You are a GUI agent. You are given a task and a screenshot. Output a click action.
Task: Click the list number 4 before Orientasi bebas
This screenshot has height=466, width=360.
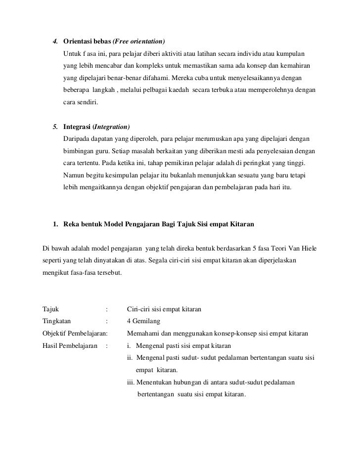[55, 40]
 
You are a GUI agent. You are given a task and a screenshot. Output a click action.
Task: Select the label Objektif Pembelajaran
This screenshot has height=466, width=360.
[75, 334]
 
